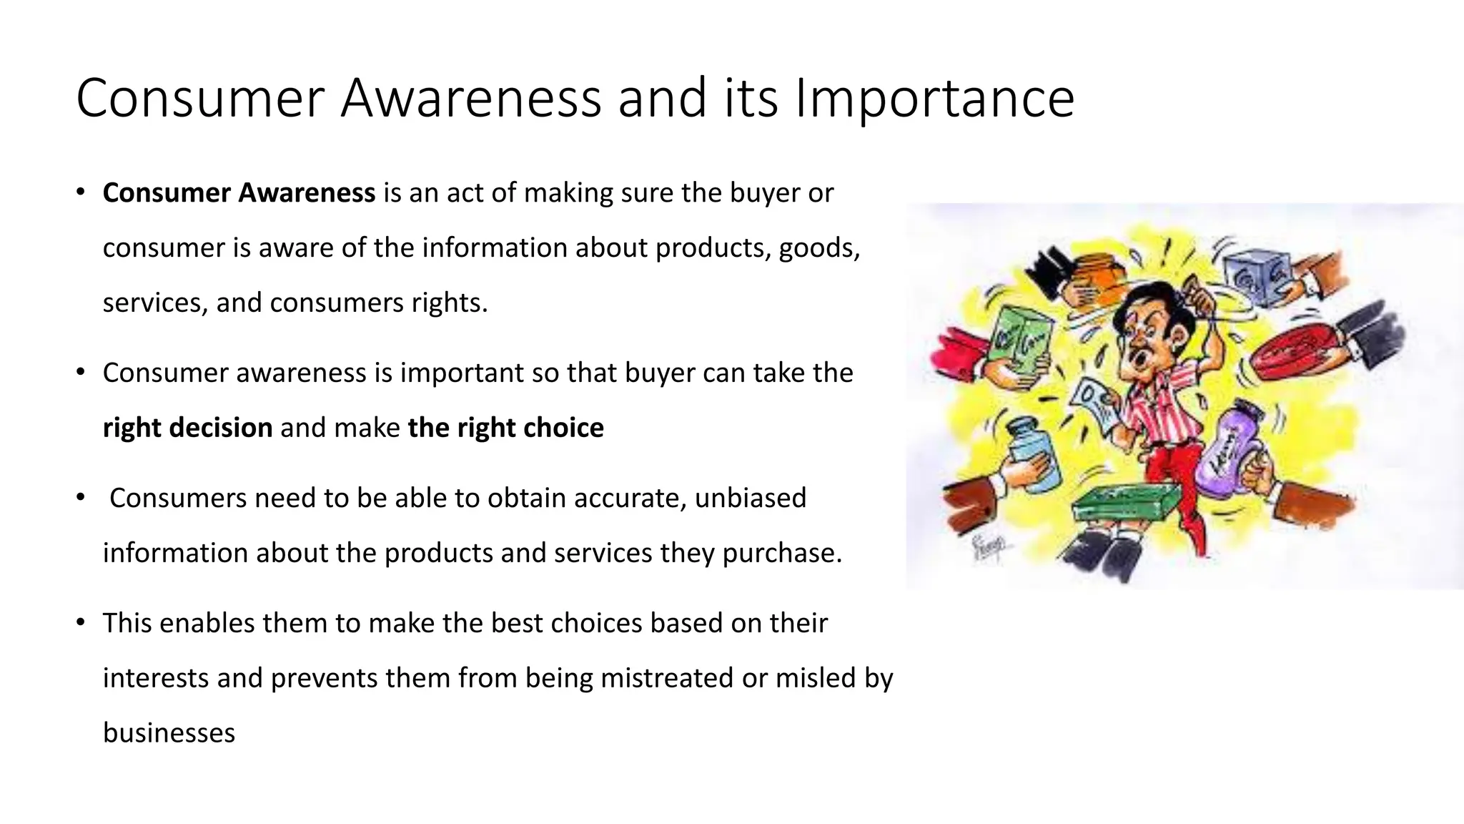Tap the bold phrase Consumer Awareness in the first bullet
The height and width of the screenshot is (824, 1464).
click(239, 193)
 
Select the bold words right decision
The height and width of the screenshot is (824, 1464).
click(187, 428)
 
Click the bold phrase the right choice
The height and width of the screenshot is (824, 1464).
click(505, 428)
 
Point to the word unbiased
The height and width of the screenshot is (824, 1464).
click(750, 498)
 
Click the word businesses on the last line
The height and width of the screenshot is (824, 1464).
click(169, 733)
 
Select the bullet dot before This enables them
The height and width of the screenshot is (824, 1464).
click(81, 622)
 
